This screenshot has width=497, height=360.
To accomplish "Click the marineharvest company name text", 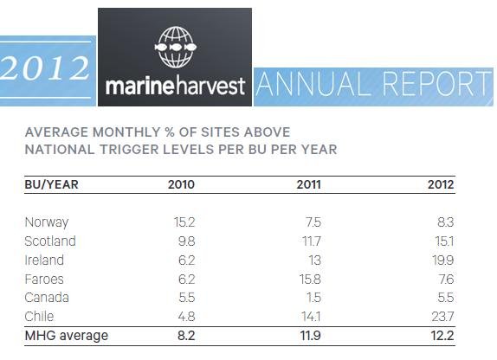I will pos(176,87).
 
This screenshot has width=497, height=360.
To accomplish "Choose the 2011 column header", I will pos(309,183).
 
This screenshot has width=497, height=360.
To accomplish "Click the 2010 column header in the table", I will pos(182,183).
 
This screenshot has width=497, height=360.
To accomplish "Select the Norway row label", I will pos(46,222).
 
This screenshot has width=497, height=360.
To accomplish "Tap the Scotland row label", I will pos(50,241).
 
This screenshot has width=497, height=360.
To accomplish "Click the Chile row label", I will pos(40,315).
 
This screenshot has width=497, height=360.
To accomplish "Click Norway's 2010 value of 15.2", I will pos(184,222).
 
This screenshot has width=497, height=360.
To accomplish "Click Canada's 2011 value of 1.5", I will pos(316,297).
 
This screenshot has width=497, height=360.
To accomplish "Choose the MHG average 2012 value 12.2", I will pos(440,335).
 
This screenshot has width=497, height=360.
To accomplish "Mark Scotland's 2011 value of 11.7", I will pos(312,241).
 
